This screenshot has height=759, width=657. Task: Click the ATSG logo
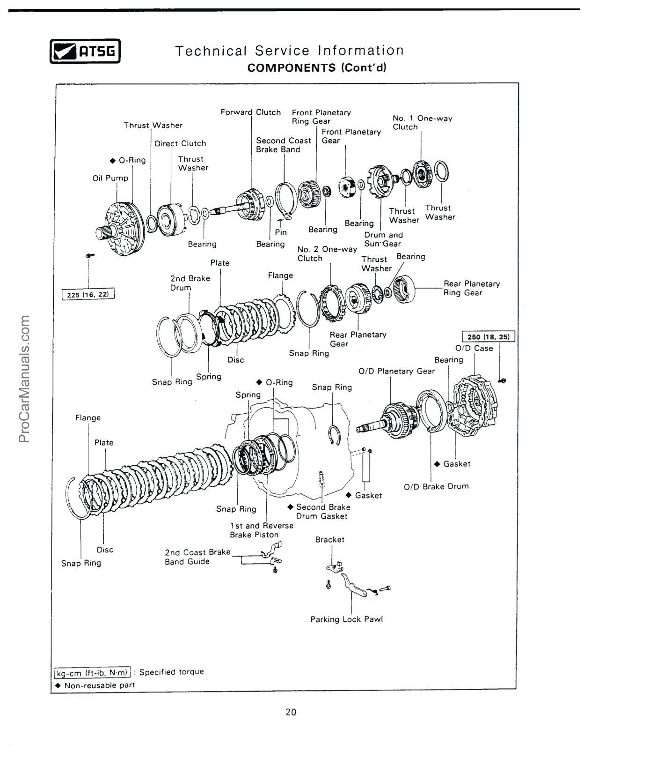tap(85, 51)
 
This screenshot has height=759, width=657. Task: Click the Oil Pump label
tap(110, 178)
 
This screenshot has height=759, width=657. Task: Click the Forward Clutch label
tap(251, 112)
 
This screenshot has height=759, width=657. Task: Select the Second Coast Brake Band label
tap(283, 145)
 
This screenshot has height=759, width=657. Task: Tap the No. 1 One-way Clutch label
tap(422, 123)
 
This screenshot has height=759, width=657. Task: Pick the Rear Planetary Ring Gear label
tap(471, 288)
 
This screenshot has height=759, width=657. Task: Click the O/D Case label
tap(474, 348)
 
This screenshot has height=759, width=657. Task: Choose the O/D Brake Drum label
tap(436, 486)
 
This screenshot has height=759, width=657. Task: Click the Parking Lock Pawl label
tap(346, 619)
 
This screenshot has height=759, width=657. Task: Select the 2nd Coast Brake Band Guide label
tap(197, 557)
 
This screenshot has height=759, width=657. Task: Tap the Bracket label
tap(330, 540)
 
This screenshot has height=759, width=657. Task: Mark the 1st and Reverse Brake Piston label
tap(262, 530)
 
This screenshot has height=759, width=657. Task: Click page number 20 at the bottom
tap(291, 712)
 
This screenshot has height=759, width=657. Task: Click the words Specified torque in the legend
tap(171, 672)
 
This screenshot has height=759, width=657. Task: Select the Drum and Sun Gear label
tap(383, 239)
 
